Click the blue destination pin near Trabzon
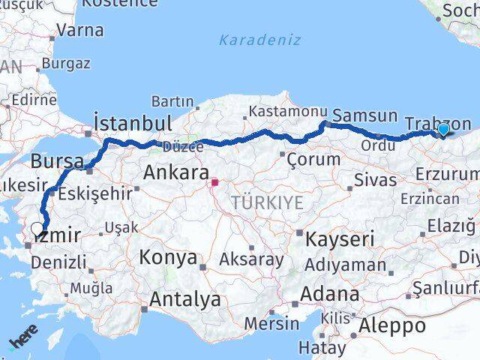(x=443, y=129)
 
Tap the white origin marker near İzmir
(x=37, y=229)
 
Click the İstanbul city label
(x=133, y=122)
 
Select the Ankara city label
(x=175, y=172)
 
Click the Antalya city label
(x=185, y=300)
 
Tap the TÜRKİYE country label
(x=268, y=202)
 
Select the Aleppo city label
(x=391, y=325)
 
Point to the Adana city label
(x=329, y=293)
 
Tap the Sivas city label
(x=375, y=180)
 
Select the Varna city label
(x=80, y=31)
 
